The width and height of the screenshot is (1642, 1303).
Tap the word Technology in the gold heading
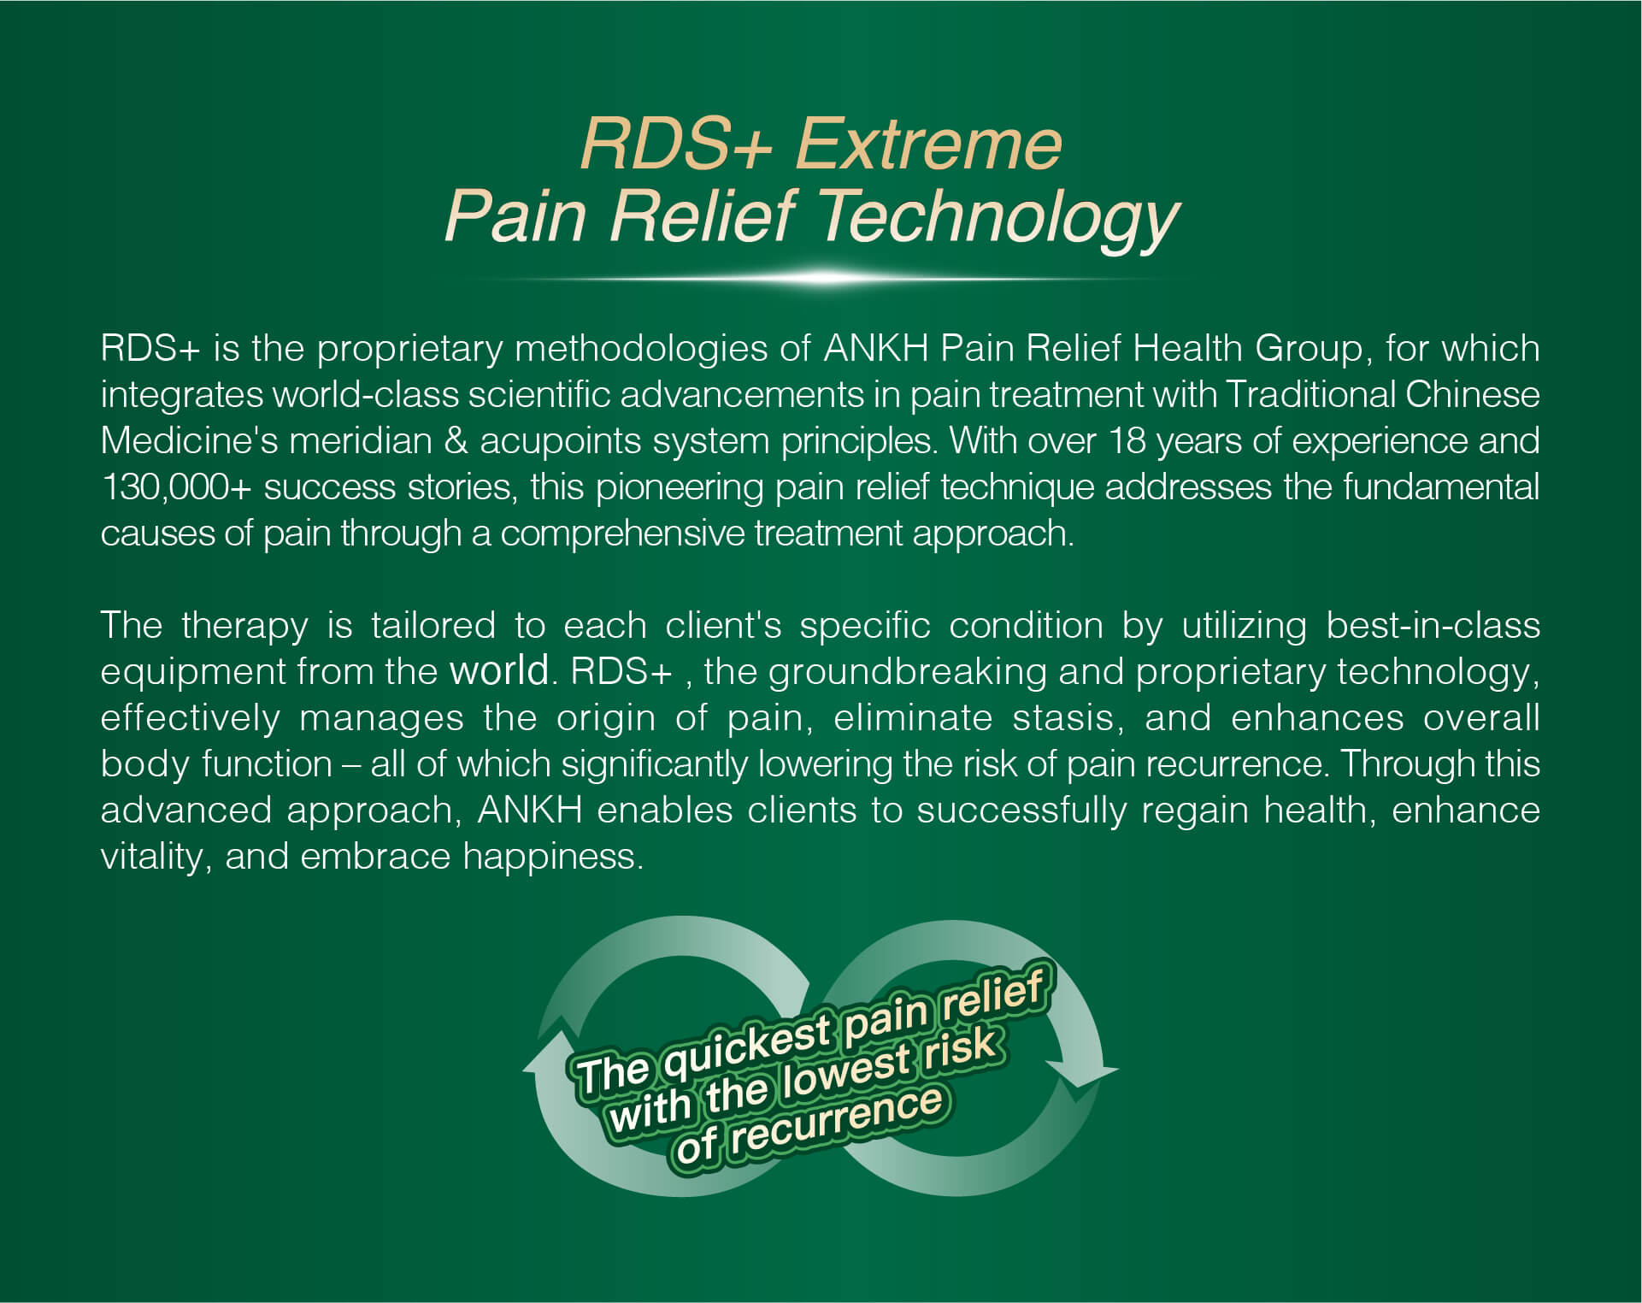point(999,217)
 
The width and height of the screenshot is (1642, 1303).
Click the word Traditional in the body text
point(1312,394)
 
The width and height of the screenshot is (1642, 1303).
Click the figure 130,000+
point(176,487)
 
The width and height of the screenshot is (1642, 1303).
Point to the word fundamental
point(1441,487)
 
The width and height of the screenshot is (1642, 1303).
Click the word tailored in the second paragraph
point(433,626)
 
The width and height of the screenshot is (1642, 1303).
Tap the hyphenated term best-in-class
point(1433,626)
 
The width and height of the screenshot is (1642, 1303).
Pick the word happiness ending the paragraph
point(553,857)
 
